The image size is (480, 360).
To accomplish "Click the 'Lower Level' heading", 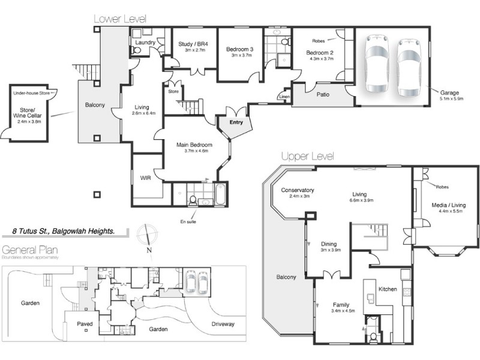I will tap(119, 19).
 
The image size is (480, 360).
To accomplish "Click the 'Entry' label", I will tap(236, 122).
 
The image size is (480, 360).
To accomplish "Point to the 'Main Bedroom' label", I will tap(192, 145).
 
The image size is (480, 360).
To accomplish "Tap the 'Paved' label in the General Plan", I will tap(85, 324).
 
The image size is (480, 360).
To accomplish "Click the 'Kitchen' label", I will tap(388, 289).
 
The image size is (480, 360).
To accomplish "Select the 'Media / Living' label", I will tap(448, 205).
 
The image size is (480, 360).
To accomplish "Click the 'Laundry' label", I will tap(145, 43).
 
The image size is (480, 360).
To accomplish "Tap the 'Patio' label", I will tap(322, 94).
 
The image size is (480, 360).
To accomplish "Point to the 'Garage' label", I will tap(449, 93).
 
